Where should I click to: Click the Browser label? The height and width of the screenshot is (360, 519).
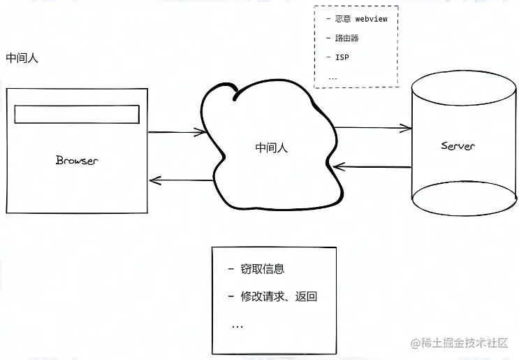tap(77, 160)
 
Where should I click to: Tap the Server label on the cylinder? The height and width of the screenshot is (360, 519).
tap(458, 145)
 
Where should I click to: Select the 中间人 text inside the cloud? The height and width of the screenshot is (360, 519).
tap(272, 147)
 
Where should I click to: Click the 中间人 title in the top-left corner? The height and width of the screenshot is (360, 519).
tap(22, 58)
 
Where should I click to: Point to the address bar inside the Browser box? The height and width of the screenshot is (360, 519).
tap(77, 114)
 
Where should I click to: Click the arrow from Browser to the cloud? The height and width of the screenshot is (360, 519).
tap(177, 132)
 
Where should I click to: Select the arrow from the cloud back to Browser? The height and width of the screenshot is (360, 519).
tap(181, 180)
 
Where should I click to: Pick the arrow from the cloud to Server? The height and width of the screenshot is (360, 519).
tap(374, 128)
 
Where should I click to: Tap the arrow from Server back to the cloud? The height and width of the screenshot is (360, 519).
tap(372, 166)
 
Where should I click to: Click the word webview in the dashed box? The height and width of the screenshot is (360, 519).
tap(371, 19)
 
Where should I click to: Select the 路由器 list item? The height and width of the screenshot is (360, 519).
tap(346, 38)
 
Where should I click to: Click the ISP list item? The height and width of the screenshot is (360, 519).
tap(342, 57)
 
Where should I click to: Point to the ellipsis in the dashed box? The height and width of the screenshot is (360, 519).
tap(332, 78)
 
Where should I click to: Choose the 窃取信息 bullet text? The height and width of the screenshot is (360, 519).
tap(263, 269)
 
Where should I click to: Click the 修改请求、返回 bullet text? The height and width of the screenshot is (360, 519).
tap(279, 296)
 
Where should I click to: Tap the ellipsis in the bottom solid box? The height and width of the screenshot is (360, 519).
tap(237, 327)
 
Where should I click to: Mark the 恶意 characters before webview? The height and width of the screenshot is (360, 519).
tap(342, 19)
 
